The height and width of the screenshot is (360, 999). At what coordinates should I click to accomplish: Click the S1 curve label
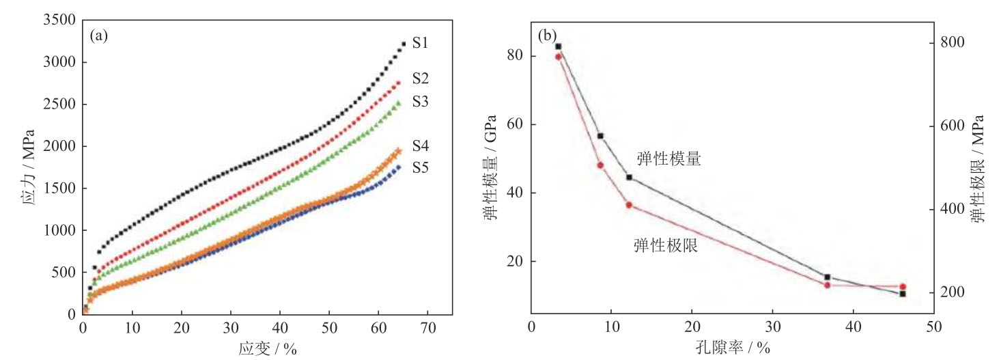(x=420, y=44)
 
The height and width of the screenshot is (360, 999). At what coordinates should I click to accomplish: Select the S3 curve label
(x=420, y=102)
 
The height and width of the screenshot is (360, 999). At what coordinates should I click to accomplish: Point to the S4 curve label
(x=420, y=146)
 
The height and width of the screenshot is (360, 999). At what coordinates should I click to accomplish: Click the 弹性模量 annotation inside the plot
(x=669, y=159)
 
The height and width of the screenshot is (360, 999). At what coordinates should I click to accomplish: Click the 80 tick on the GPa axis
(x=514, y=55)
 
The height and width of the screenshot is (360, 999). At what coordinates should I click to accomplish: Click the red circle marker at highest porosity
(x=902, y=287)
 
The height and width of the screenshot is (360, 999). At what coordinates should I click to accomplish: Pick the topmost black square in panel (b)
(x=558, y=46)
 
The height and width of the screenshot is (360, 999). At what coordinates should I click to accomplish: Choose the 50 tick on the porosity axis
(x=933, y=327)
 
